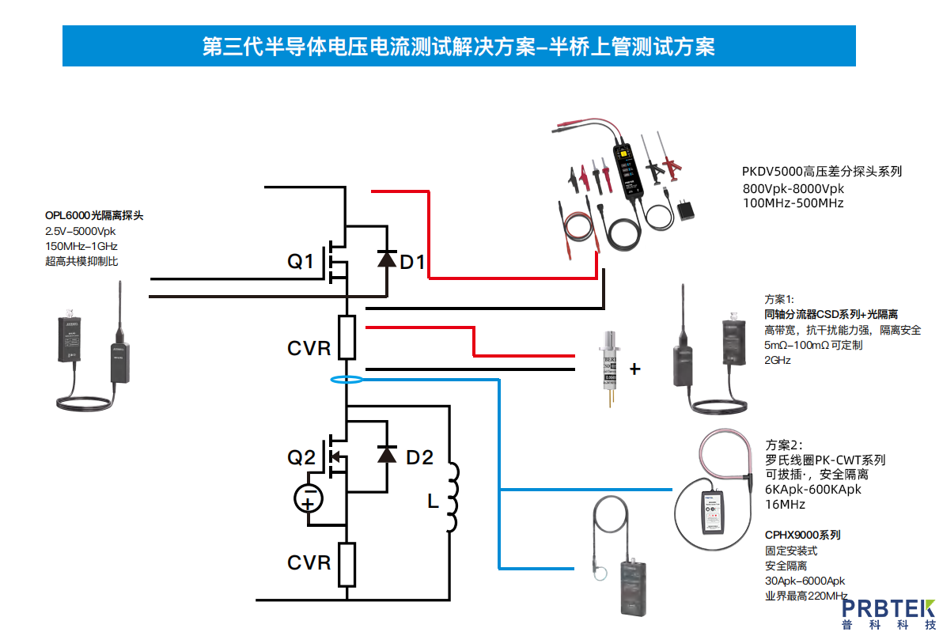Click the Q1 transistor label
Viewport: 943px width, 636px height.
[x=300, y=261]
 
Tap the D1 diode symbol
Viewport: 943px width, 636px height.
[x=386, y=259]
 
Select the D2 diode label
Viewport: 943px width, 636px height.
[x=419, y=457]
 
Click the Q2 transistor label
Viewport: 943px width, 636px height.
[x=301, y=457]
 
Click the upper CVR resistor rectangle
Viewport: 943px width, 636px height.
[x=347, y=337]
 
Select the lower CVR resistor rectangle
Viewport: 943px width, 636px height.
[x=347, y=563]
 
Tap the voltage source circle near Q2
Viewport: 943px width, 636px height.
[x=309, y=498]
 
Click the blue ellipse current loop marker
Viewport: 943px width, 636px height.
[x=347, y=380]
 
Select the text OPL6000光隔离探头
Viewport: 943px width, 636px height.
[x=94, y=215]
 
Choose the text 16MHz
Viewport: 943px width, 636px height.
[x=785, y=504]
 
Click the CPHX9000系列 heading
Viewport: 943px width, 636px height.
[x=802, y=535]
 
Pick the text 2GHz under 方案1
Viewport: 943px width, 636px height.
[x=778, y=360]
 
